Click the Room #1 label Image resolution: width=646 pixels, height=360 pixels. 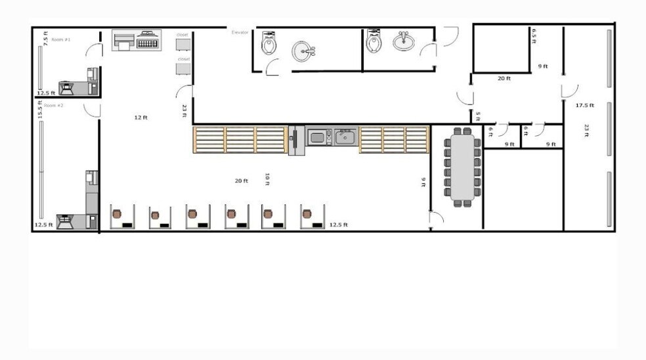click(61, 39)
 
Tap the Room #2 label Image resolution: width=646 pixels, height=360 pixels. click(54, 105)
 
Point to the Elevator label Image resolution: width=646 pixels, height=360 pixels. click(240, 32)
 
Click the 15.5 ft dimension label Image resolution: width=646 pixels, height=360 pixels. click(40, 110)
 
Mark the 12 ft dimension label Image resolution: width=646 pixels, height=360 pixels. click(140, 118)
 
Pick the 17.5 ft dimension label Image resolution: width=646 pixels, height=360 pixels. click(584, 105)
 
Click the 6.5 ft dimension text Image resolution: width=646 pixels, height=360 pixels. click(534, 35)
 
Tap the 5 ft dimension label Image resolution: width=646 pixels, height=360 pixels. click(478, 117)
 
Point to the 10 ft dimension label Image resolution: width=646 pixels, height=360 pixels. click(267, 179)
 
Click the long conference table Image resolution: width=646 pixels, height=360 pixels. click(462, 167)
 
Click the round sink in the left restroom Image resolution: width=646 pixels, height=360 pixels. click(303, 50)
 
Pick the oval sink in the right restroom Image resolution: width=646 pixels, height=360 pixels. click(404, 42)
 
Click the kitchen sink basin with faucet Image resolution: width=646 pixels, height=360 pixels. click(345, 137)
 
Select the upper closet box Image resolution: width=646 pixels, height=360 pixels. click(183, 44)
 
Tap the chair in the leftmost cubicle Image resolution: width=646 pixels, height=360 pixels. click(118, 214)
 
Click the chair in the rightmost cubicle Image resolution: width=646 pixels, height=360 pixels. click(307, 214)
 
